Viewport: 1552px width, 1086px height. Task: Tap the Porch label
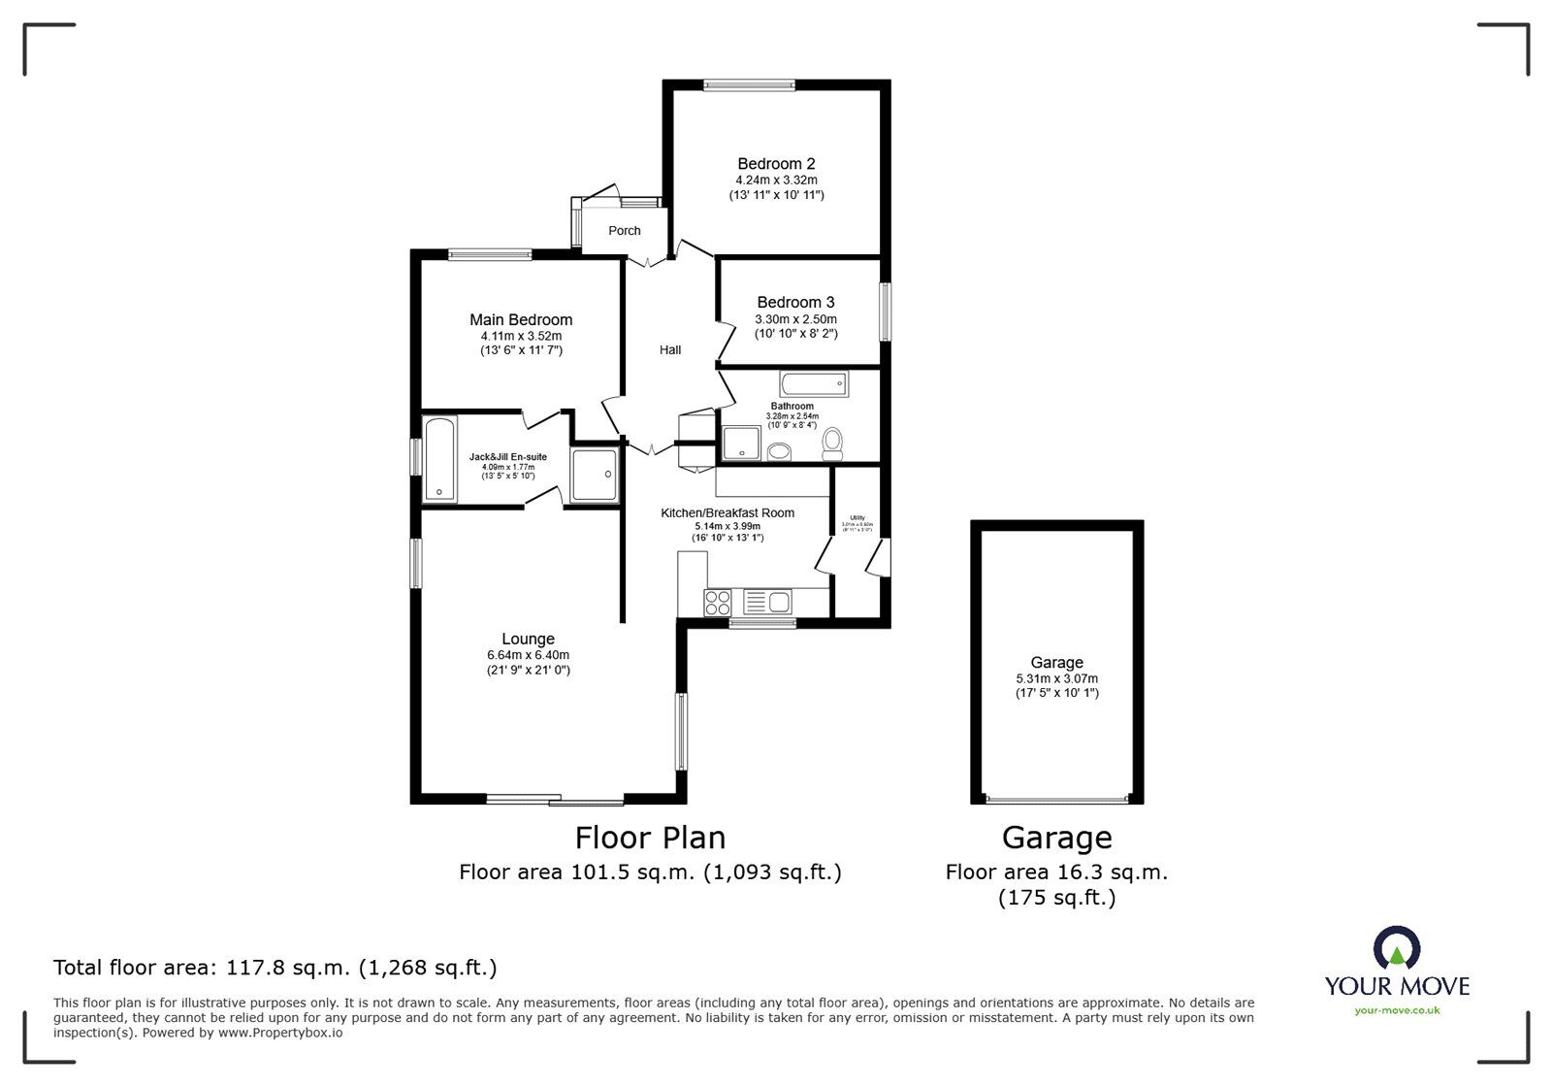(x=625, y=231)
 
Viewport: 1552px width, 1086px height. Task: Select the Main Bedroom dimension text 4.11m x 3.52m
(x=521, y=336)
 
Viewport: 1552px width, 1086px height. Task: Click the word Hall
(x=670, y=349)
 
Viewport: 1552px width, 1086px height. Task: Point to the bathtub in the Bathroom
(x=814, y=383)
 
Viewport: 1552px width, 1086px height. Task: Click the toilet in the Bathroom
(x=832, y=444)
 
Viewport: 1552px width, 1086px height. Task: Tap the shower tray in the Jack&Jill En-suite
(x=593, y=475)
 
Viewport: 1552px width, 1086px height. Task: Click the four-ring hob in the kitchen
(x=719, y=603)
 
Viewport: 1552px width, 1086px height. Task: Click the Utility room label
(x=857, y=517)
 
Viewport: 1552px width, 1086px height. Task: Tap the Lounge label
(x=528, y=639)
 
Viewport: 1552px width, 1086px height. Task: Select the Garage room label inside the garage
(x=1056, y=663)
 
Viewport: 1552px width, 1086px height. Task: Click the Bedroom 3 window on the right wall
(x=885, y=311)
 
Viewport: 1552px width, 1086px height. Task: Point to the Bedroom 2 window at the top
(x=749, y=85)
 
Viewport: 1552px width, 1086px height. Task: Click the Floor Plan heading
(x=650, y=838)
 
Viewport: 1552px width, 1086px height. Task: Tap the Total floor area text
(x=275, y=968)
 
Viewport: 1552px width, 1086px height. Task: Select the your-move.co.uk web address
(x=1397, y=1010)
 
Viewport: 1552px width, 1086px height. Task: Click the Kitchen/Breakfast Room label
(x=727, y=512)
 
